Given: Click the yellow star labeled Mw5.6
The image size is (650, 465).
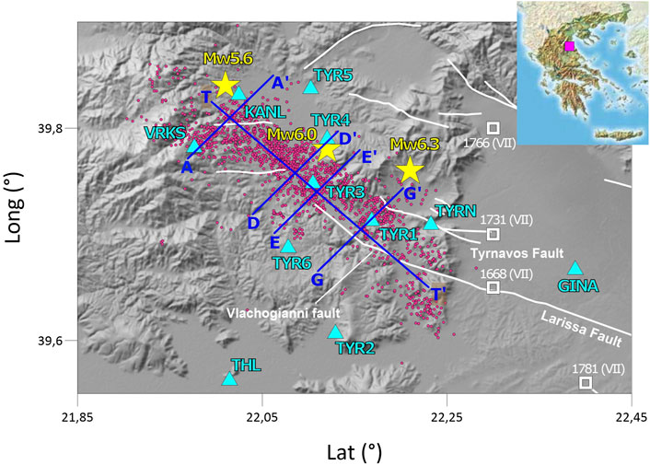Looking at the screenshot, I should click(225, 86).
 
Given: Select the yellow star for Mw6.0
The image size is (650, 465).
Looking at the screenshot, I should click(327, 150).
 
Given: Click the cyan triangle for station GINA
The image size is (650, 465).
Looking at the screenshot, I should click(575, 268).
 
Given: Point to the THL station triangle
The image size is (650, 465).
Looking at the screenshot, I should click(229, 378).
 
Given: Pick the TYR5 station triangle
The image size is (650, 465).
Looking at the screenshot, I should click(310, 87).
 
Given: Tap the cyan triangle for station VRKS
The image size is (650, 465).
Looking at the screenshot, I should click(194, 146).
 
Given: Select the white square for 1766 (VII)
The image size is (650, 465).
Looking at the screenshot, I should click(493, 128).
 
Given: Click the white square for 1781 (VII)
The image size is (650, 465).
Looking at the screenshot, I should click(586, 382).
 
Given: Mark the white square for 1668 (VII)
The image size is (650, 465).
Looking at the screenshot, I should click(493, 287).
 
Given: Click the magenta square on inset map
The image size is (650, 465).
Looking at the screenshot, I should click(570, 46).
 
